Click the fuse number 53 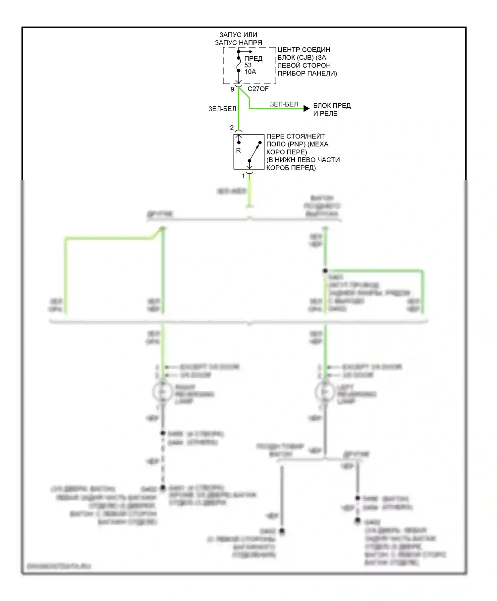pos(248,65)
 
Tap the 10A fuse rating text pos(250,72)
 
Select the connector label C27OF pos(258,89)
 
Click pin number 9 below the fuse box pos(232,89)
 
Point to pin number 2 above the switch pos(232,128)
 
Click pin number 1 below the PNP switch pos(244,176)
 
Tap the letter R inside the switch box pos(238,150)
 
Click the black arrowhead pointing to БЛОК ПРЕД pos(306,108)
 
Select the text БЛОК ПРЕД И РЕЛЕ pos(332,109)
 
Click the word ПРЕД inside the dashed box pos(253,59)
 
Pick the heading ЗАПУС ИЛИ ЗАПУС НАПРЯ pos(239,39)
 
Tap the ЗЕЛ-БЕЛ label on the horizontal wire pos(284,104)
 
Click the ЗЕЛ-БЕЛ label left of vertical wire pos(222,109)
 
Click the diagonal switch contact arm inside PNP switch pos(254,152)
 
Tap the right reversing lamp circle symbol pos(162,392)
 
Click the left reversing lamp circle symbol pos(324,392)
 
